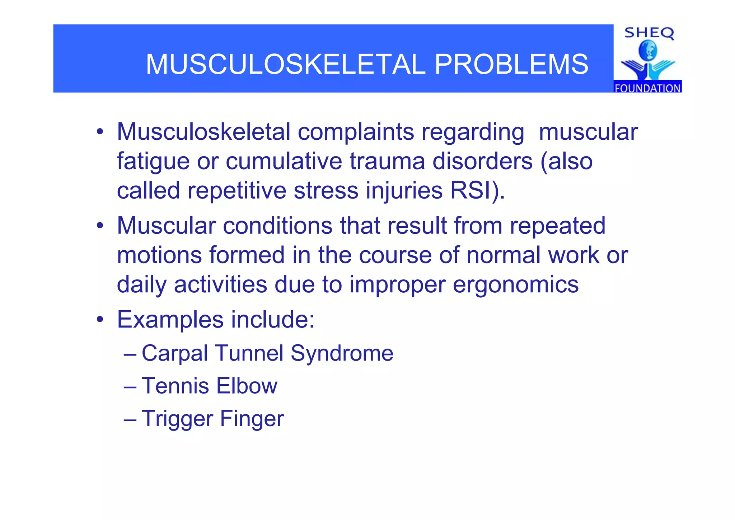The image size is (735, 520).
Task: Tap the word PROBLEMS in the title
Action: point(511,64)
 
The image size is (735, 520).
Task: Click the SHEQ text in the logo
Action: point(649,33)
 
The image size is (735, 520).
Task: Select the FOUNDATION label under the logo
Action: point(647,88)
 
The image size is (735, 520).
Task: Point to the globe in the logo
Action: point(648,51)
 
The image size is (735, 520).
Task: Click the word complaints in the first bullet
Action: point(356,133)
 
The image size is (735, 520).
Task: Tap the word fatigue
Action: point(153,162)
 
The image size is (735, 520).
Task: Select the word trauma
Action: point(387,161)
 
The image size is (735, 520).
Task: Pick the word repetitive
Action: point(237,191)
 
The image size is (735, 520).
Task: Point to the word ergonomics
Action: point(516,285)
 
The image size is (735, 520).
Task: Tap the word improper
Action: point(397,285)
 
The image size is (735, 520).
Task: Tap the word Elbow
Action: point(247,386)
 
